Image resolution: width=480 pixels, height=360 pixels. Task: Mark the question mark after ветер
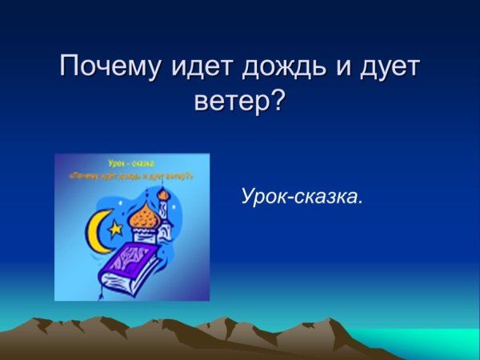[x=277, y=101]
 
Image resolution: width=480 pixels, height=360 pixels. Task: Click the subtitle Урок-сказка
[x=302, y=196]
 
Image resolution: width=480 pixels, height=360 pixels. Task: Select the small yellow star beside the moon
[x=117, y=228]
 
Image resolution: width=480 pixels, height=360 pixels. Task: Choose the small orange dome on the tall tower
[x=164, y=194]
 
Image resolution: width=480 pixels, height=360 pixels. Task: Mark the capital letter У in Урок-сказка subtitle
[x=247, y=196]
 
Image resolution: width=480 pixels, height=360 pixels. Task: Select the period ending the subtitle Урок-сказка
[x=360, y=201]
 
